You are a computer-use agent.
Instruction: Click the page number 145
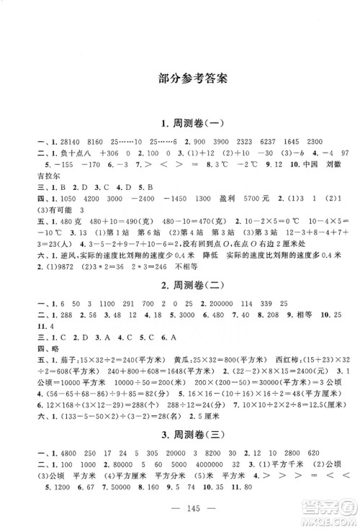tap(180, 506)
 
